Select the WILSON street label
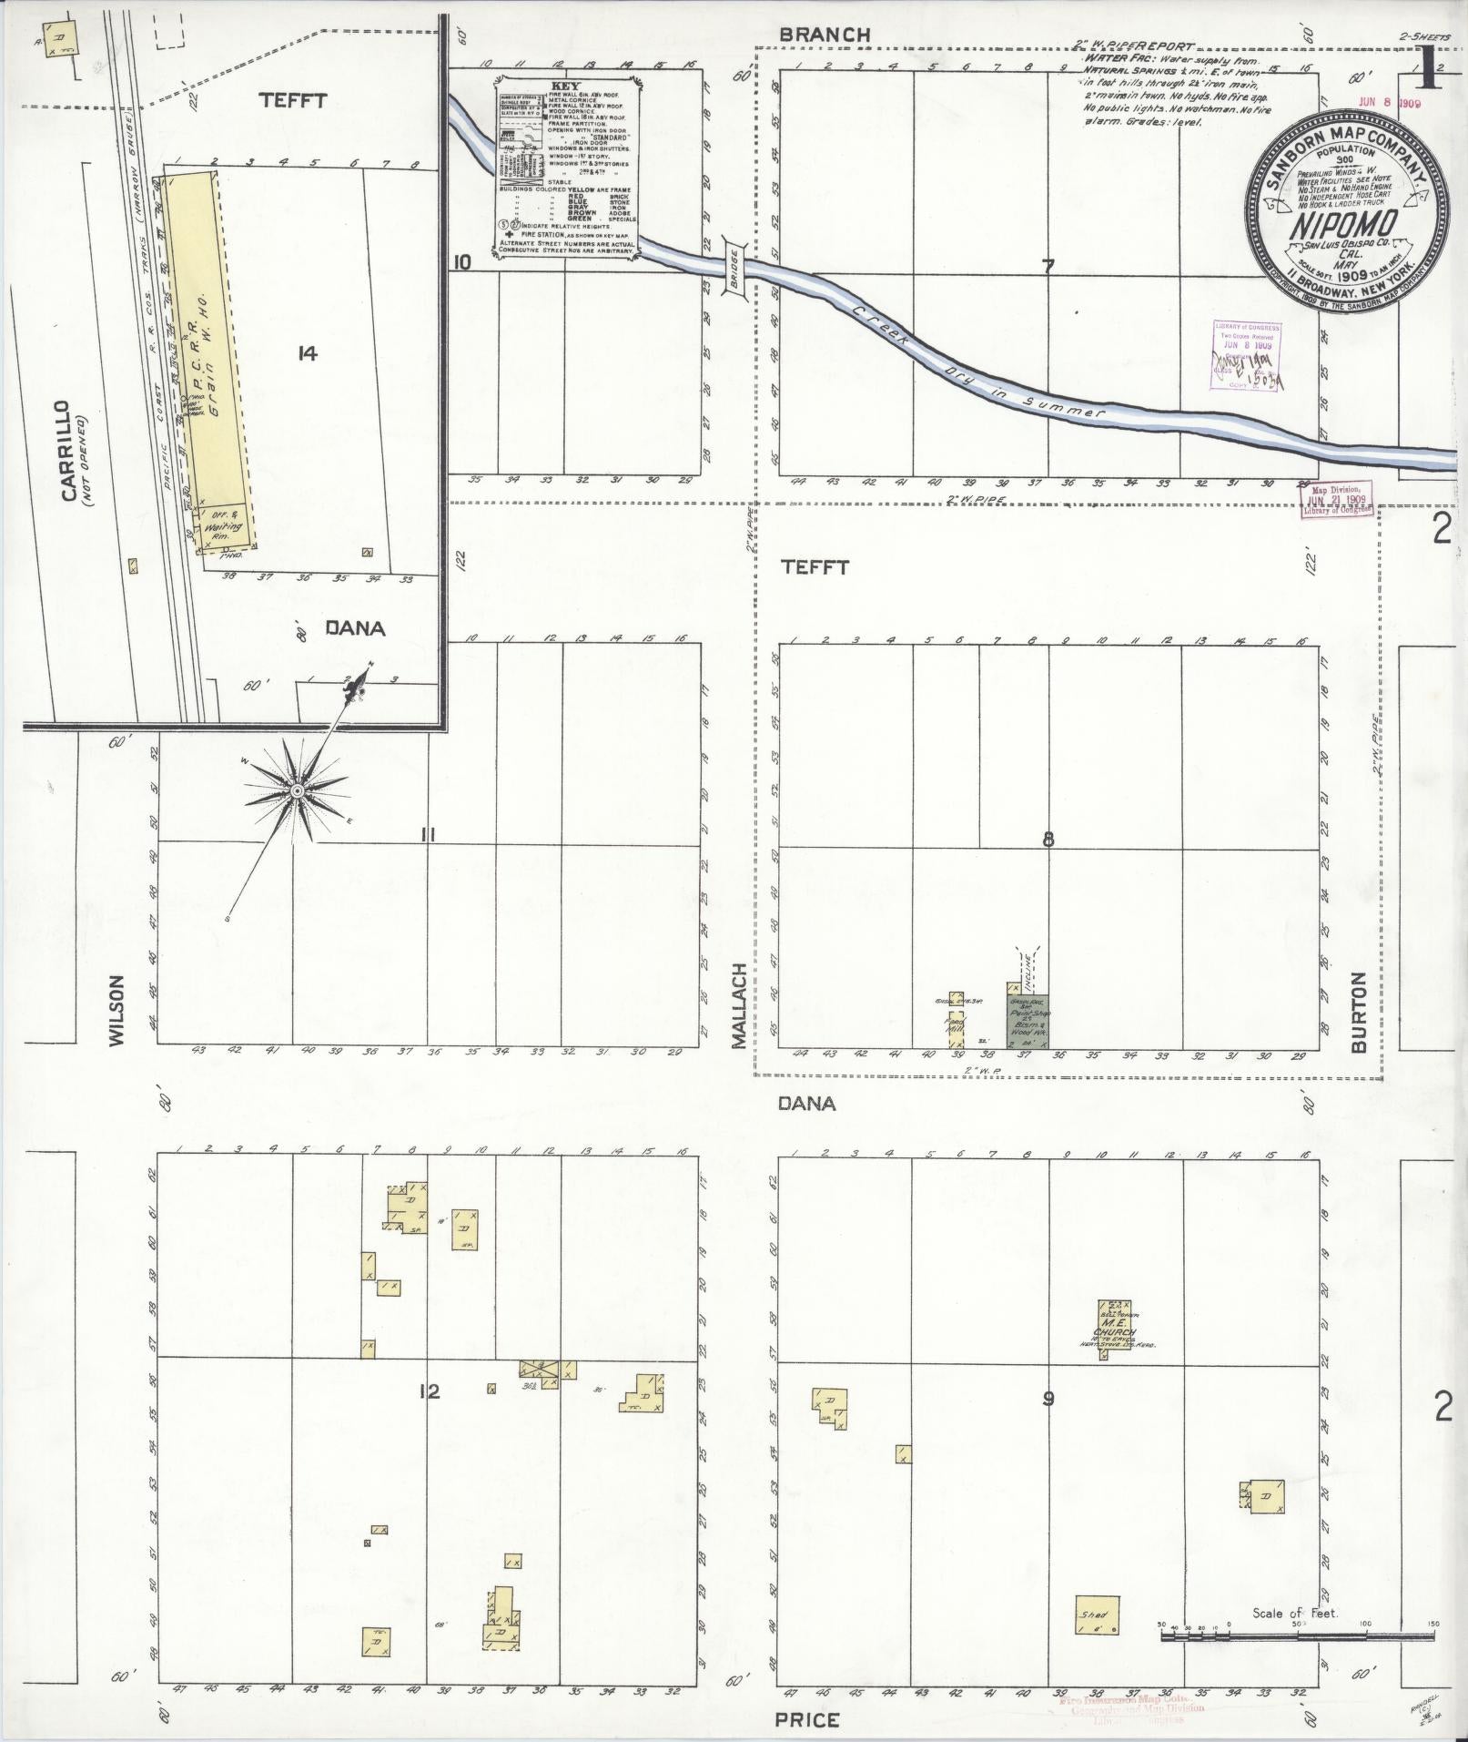pos(116,1010)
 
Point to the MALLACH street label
pos(739,1004)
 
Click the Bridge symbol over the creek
pos(734,267)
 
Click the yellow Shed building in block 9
pos(1097,1615)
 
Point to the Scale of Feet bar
pos(1296,1636)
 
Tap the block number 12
pos(430,1391)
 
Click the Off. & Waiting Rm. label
pos(224,522)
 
